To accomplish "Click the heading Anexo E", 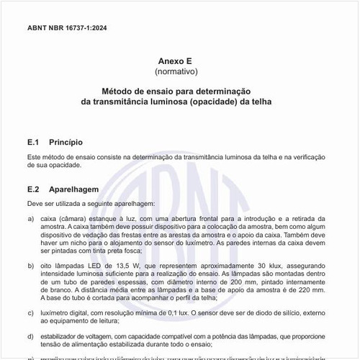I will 179,63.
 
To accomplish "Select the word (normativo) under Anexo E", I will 180,73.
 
